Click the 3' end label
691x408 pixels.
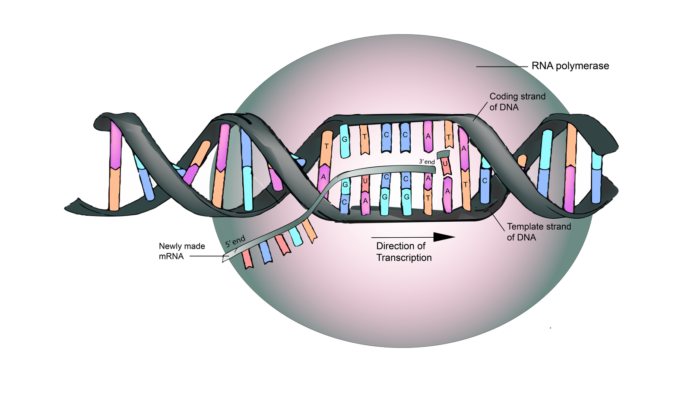(427, 162)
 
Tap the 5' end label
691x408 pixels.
(235, 241)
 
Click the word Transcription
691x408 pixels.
(404, 258)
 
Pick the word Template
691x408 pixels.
(525, 226)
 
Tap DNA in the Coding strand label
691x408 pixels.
(510, 107)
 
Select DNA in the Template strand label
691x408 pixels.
(527, 237)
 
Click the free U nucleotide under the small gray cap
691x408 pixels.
(445, 166)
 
